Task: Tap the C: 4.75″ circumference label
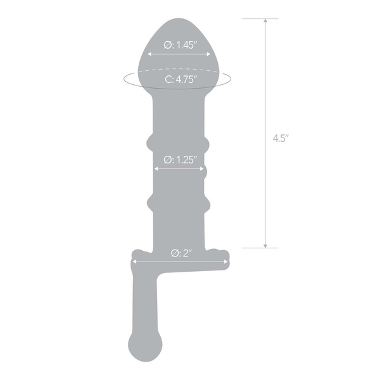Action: pyautogui.click(x=180, y=79)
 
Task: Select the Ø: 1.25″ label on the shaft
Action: pyautogui.click(x=180, y=159)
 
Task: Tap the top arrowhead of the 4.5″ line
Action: pyautogui.click(x=266, y=22)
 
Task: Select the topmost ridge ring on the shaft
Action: pyautogui.click(x=180, y=141)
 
